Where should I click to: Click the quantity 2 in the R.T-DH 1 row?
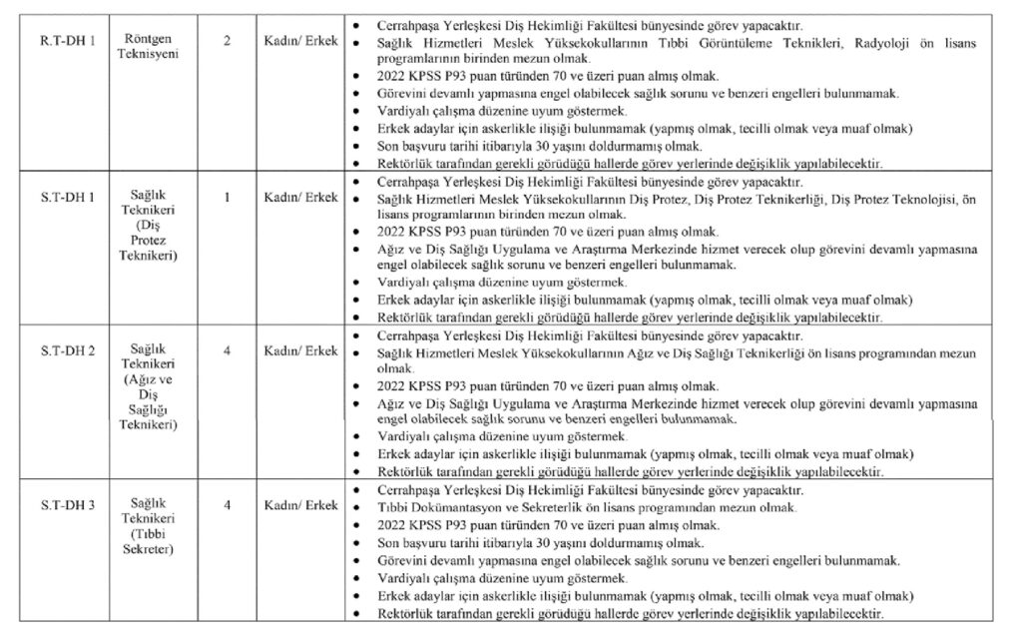tap(228, 40)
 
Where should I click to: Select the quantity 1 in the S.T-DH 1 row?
tap(228, 196)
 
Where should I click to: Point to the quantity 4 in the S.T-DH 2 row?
tap(228, 351)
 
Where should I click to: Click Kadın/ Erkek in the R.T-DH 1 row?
tap(301, 40)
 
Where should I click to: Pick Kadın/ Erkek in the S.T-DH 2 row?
tap(301, 351)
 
